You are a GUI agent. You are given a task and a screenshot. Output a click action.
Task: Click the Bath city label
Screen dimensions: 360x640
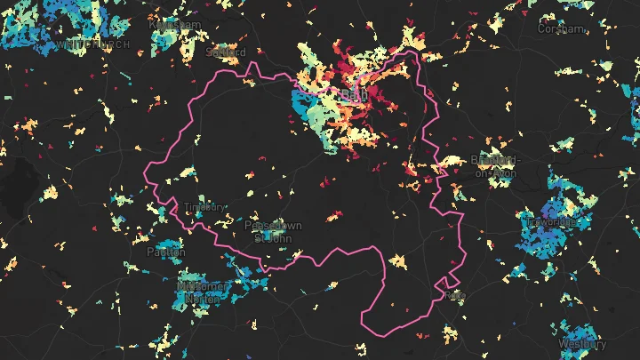coord(353,92)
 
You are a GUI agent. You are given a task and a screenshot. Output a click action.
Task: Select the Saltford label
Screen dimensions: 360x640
coord(224,52)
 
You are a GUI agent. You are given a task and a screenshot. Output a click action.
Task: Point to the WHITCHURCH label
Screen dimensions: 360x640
coord(93,44)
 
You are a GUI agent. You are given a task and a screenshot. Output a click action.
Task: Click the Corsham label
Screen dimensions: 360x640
coord(561,28)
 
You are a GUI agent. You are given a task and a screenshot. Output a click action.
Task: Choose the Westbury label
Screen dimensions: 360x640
coord(582,343)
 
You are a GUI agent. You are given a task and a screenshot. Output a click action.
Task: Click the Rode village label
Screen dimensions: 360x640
coord(455,295)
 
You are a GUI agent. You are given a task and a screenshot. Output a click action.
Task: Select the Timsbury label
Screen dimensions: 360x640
coord(204,207)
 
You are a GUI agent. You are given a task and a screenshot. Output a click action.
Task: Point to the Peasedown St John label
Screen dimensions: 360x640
coord(274,231)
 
